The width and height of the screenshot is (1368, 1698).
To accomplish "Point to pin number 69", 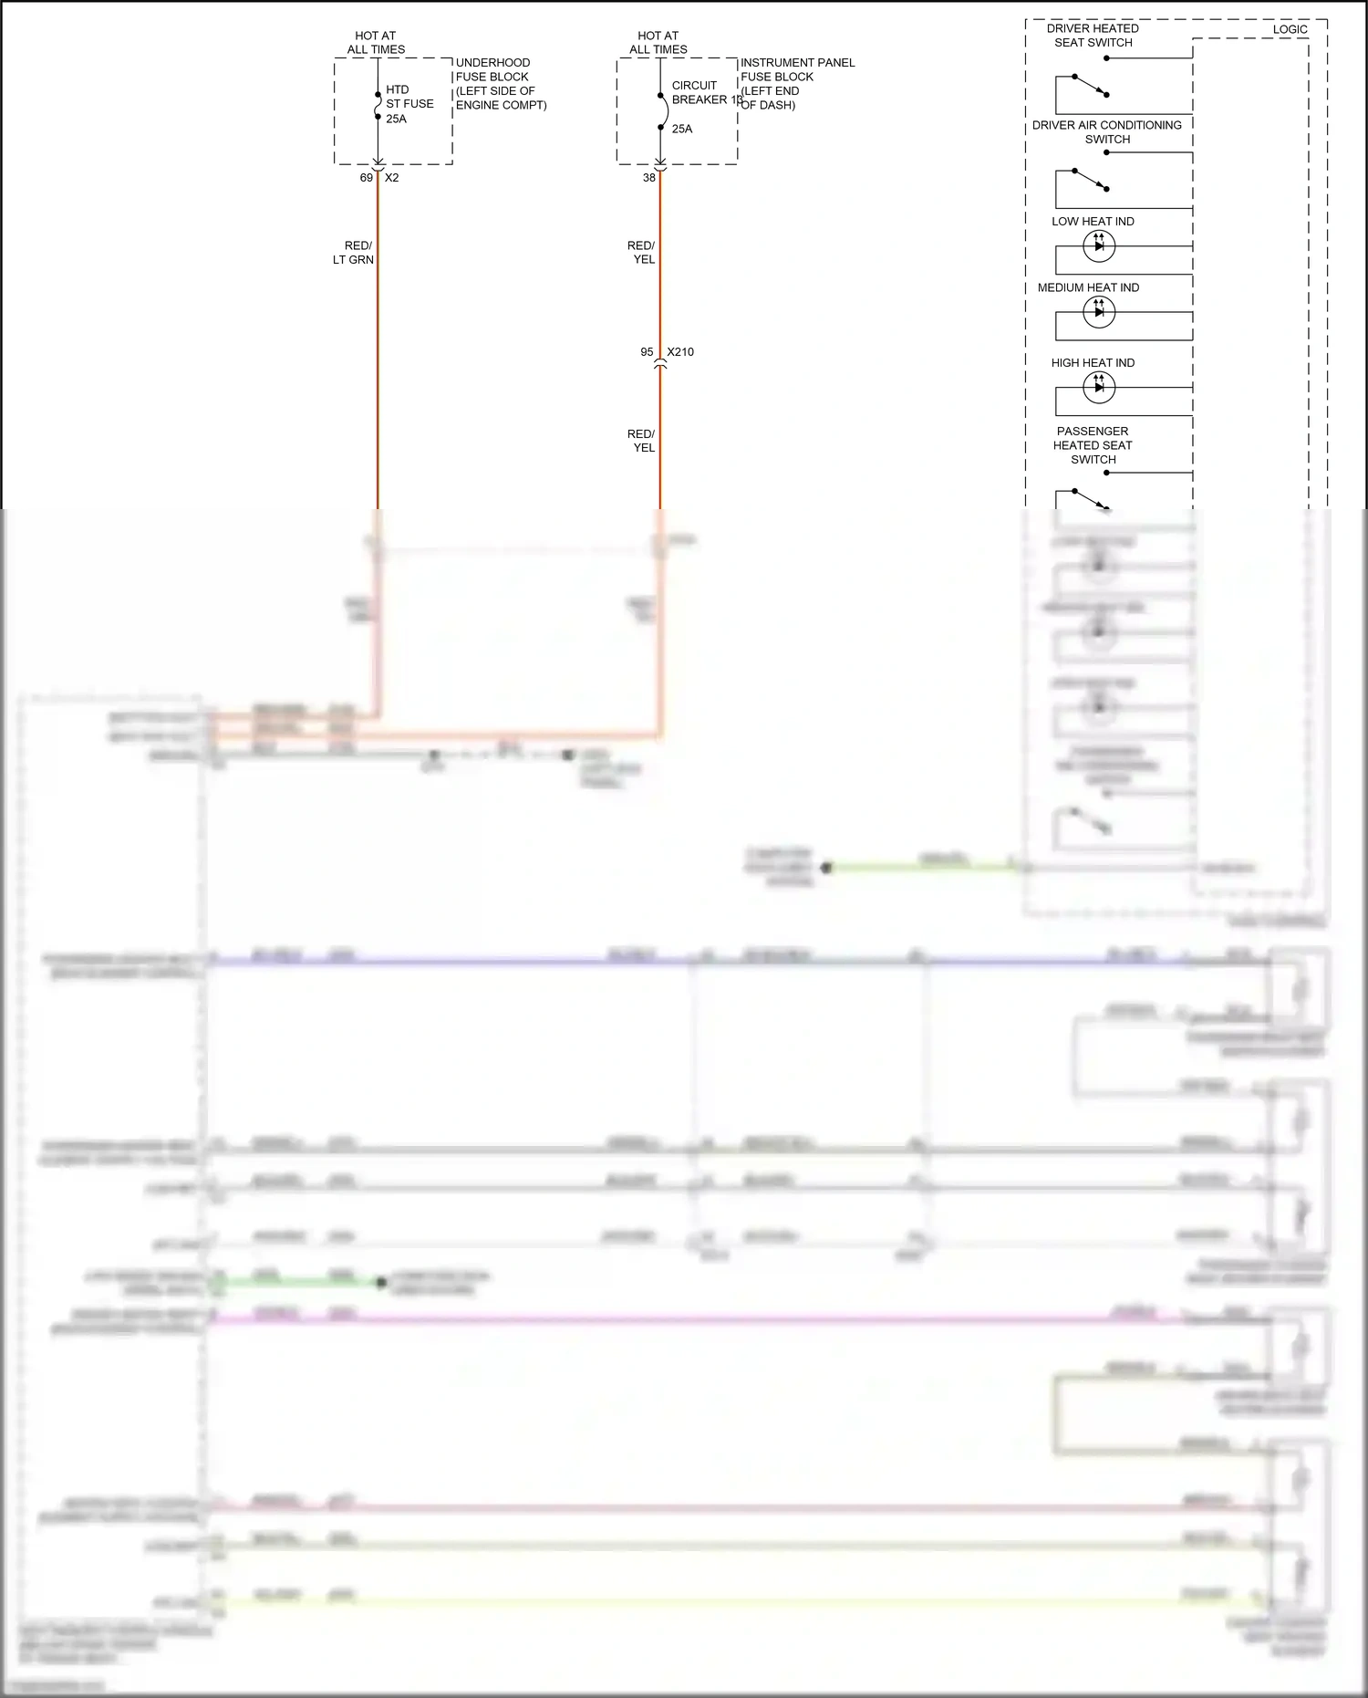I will coord(367,178).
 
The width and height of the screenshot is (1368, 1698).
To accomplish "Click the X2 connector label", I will coord(392,178).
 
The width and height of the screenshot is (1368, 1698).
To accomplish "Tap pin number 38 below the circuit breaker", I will coord(649,178).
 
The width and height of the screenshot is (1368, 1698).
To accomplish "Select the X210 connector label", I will coord(680,352).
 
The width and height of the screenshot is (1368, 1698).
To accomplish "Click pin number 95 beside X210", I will coord(647,352).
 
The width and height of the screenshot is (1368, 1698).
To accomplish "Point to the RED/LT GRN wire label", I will coord(355,253).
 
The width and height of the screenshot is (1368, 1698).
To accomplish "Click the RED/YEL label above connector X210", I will coord(641,253).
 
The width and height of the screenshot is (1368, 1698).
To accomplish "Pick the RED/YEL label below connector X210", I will coord(641,441).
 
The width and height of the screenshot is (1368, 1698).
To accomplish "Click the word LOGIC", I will coord(1290,30).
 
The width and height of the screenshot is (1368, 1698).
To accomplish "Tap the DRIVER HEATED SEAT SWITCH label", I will coord(1093,36).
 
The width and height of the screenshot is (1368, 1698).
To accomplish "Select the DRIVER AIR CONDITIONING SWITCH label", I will coord(1107,132).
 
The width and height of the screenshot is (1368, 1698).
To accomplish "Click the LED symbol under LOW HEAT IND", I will coord(1098,245).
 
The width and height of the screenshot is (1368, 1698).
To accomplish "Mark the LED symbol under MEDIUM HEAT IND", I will coord(1098,312).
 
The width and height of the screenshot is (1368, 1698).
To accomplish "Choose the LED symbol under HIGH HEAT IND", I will coord(1098,387).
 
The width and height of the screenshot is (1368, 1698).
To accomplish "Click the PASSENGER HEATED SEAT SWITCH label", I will coord(1093,445).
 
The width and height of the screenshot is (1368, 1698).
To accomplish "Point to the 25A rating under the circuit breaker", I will coord(682,130).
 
